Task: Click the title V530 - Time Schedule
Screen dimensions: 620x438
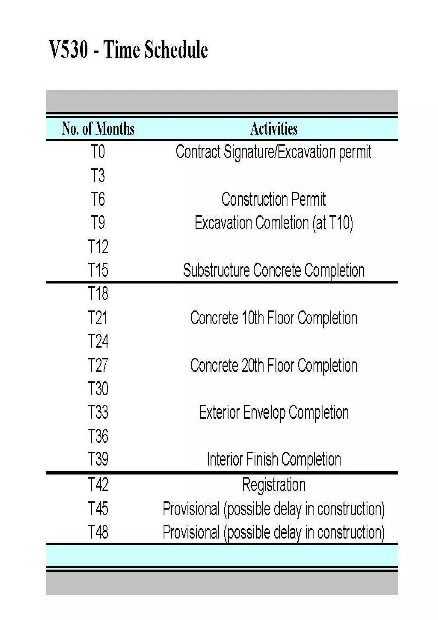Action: point(129,50)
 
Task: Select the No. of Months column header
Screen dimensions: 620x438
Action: point(98,129)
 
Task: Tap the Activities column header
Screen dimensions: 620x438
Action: point(274,129)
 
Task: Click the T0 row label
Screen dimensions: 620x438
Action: point(98,152)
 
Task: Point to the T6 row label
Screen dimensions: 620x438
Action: point(98,199)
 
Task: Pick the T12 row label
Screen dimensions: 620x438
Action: point(98,247)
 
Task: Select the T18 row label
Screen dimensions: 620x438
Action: point(98,294)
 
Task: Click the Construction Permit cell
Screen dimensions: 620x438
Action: point(273,199)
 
